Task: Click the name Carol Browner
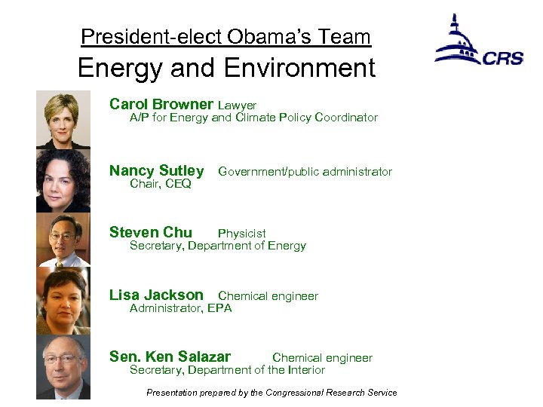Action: click(161, 104)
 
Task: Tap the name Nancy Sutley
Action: click(156, 170)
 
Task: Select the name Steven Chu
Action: click(150, 232)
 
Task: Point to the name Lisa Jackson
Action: click(156, 295)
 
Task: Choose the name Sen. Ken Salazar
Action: click(170, 357)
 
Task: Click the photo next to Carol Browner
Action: click(63, 119)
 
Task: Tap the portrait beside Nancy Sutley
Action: click(63, 181)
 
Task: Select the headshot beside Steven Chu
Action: click(63, 242)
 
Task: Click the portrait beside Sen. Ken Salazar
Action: click(63, 367)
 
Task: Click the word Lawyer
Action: click(237, 106)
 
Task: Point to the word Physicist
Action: click(241, 234)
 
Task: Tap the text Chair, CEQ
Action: click(160, 184)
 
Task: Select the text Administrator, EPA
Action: click(180, 308)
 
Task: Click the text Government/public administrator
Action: click(305, 172)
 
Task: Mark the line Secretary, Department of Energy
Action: click(217, 246)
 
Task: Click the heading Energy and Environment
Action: click(225, 69)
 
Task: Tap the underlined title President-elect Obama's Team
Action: click(225, 36)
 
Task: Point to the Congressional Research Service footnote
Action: click(271, 392)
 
